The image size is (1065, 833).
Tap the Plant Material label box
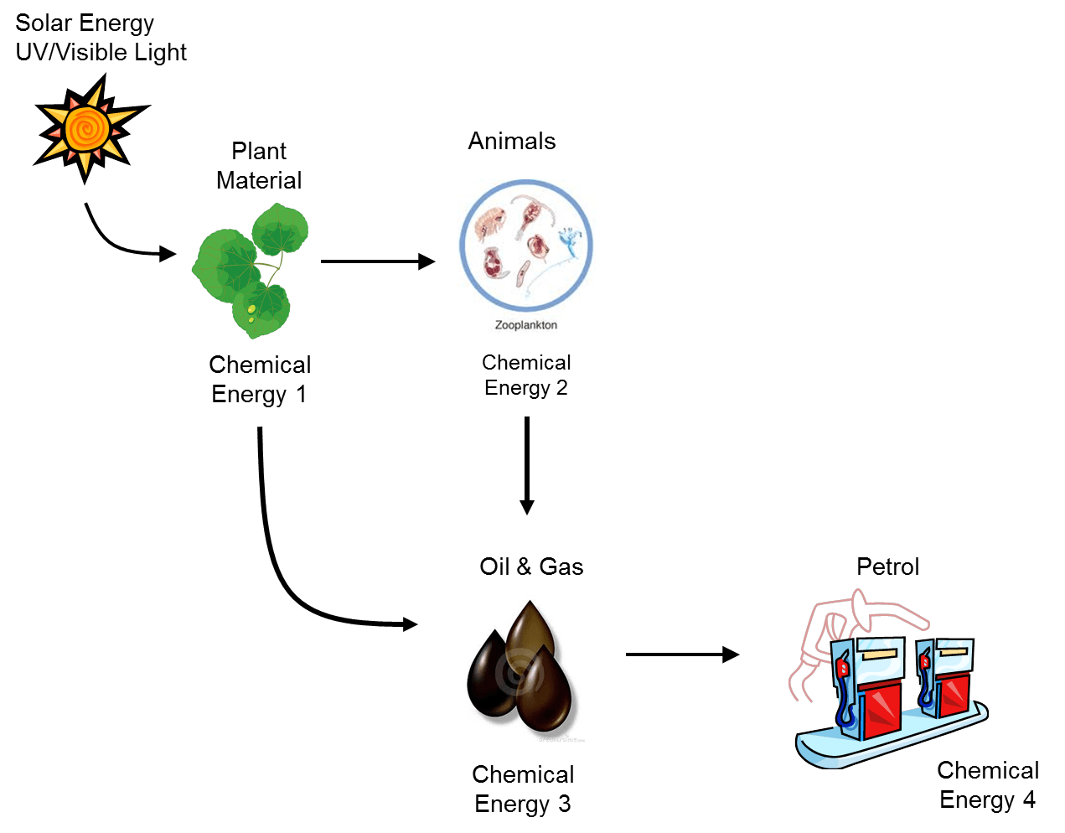click(259, 165)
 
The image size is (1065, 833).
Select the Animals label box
click(512, 141)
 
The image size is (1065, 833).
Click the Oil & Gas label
click(531, 567)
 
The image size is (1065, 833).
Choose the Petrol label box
click(888, 567)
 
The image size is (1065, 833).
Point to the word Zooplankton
click(525, 325)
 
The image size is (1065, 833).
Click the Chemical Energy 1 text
click(260, 379)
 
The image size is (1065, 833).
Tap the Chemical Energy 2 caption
click(526, 375)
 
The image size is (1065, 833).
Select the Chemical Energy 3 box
click(523, 789)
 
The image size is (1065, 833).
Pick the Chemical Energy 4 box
click(988, 784)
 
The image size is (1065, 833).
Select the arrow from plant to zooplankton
click(377, 261)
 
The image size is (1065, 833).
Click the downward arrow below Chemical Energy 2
click(526, 465)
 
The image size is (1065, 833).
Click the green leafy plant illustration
click(251, 268)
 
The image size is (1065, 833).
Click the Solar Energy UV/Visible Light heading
click(101, 38)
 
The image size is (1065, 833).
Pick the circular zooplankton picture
click(526, 247)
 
